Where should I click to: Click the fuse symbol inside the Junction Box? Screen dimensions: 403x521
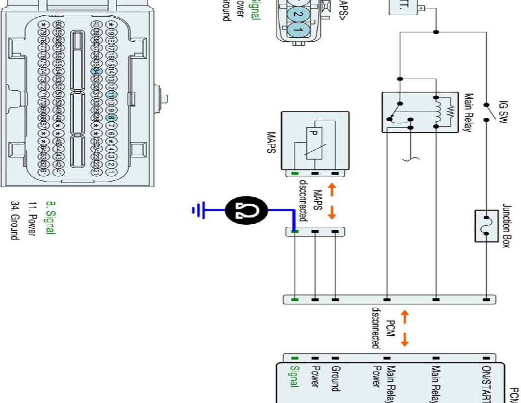click(x=487, y=225)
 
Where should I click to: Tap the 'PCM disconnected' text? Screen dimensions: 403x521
click(x=383, y=328)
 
